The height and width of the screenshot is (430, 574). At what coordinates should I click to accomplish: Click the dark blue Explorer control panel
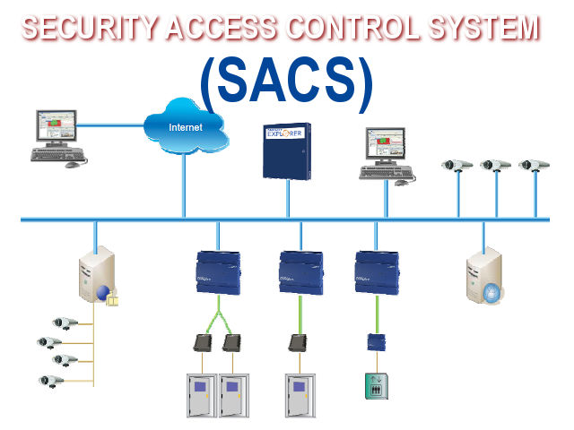(x=286, y=150)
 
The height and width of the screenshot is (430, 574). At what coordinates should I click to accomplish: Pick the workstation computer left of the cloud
(x=57, y=135)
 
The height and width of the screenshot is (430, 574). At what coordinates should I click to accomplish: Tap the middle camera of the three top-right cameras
(x=495, y=165)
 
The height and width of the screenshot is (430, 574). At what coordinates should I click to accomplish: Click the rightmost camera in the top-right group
(x=534, y=165)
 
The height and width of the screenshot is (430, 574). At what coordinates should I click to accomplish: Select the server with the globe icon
(x=97, y=278)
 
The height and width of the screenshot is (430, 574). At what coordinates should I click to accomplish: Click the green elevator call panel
(x=376, y=385)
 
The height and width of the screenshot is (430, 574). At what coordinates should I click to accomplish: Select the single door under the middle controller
(x=300, y=395)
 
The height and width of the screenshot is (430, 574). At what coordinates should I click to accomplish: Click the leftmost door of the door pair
(x=201, y=395)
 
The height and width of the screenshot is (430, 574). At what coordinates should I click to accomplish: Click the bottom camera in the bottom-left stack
(x=51, y=380)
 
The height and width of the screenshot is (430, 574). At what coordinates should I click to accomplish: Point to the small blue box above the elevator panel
(x=376, y=341)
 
